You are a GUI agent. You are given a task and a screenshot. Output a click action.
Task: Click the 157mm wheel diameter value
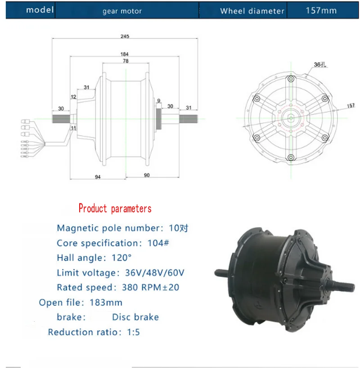pos(321,10)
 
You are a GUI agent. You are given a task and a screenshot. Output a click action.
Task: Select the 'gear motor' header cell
pos(122,11)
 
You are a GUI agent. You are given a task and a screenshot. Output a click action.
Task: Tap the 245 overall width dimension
pos(124,37)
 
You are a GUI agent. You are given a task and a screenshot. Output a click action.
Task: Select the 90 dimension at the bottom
pos(146,175)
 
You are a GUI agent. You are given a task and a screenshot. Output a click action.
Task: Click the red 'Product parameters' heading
pos(115,209)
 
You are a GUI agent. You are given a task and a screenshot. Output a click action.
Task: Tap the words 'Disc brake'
pos(135,317)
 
